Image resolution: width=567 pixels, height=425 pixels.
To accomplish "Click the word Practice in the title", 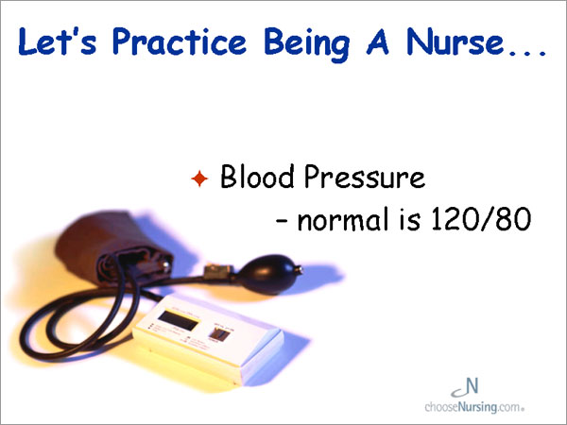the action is click(x=180, y=42).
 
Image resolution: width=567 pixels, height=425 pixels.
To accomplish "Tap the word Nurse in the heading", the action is click(x=455, y=41).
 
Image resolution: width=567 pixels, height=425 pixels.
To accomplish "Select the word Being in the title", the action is click(x=307, y=44).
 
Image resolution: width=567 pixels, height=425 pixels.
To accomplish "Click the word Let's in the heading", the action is click(x=58, y=42).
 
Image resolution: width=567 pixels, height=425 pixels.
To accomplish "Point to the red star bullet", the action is click(x=199, y=178).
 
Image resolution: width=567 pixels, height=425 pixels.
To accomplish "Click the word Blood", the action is click(x=257, y=177).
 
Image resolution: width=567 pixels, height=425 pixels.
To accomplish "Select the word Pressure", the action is click(x=365, y=177).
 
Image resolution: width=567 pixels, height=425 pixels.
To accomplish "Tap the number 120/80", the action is click(x=481, y=219).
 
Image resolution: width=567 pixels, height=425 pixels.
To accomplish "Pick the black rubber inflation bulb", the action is click(x=267, y=274).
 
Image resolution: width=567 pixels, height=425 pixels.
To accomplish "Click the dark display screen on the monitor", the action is click(x=179, y=320).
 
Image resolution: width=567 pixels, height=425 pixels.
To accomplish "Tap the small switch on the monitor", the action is click(x=220, y=334).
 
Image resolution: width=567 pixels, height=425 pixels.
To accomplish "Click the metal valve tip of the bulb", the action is click(x=299, y=269).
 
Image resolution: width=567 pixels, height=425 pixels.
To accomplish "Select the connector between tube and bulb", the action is click(x=218, y=272).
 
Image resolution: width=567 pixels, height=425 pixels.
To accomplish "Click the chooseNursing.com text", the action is click(x=474, y=407).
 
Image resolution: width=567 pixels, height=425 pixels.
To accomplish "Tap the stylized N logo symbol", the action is click(x=466, y=387).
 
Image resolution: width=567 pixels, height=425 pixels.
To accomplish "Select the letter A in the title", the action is click(x=377, y=42).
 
